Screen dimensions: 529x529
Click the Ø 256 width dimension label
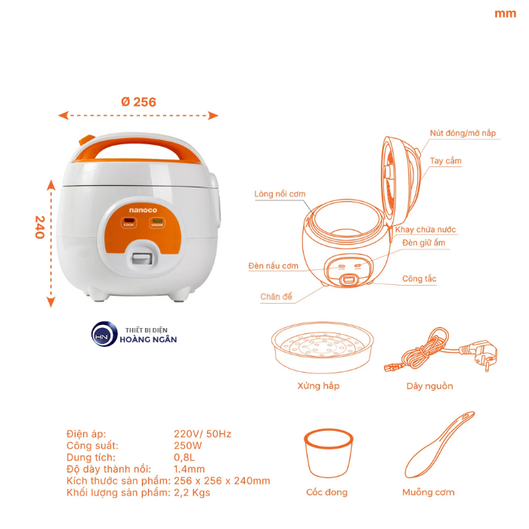[x=138, y=102]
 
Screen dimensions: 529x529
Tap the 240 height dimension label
[x=39, y=227]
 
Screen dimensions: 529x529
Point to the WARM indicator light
[x=156, y=223]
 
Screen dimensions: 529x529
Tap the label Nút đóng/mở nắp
[x=463, y=133]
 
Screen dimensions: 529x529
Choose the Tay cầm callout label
[x=445, y=161]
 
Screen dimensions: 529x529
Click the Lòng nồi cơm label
[x=280, y=194]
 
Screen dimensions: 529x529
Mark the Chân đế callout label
[x=277, y=296]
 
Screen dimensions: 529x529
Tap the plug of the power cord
[x=478, y=351]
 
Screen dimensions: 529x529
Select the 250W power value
[x=188, y=446]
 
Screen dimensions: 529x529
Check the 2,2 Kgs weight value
[x=193, y=493]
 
